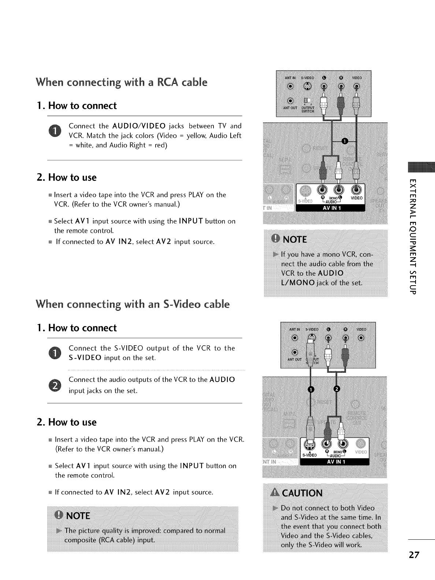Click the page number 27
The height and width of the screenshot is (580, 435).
coord(414,554)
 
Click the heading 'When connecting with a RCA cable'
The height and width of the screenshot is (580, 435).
coord(122,82)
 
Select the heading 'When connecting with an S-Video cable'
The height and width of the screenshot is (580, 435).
coord(133,304)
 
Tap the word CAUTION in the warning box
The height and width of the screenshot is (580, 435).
coord(302,493)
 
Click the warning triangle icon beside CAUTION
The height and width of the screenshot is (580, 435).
coord(275,493)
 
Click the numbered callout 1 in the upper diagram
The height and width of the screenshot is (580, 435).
coord(343,142)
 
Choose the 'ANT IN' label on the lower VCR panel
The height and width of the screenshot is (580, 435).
coord(294,329)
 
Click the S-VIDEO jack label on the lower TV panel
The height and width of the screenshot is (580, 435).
coord(309,455)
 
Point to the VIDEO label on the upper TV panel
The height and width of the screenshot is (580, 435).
coord(357,198)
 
